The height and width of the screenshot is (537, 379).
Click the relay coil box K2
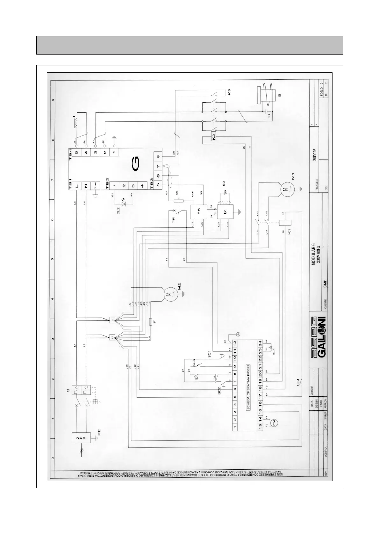pyautogui.click(x=214, y=137)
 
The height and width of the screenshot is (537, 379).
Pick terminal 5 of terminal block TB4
pyautogui.click(x=77, y=152)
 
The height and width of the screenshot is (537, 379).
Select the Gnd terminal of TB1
pyautogui.click(x=95, y=185)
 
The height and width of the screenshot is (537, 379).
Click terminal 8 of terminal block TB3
pyautogui.click(x=158, y=157)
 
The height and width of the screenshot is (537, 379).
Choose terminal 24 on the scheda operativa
pyautogui.click(x=260, y=344)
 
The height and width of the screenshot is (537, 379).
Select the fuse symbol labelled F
pyautogui.click(x=150, y=322)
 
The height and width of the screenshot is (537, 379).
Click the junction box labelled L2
pyautogui.click(x=112, y=337)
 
